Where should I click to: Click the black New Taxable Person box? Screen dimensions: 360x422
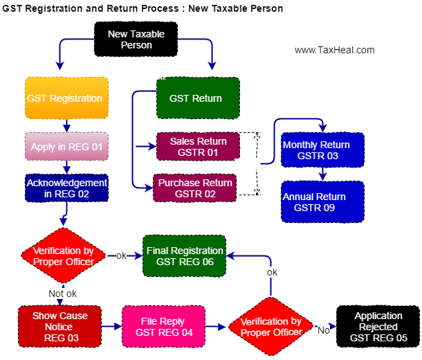click(136, 39)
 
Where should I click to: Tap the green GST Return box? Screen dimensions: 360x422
click(198, 98)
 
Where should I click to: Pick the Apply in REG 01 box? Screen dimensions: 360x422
click(67, 147)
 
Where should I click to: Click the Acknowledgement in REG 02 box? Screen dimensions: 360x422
click(67, 188)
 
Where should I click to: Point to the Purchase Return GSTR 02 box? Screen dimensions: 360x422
click(196, 188)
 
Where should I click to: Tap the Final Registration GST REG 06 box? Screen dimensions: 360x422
click(185, 256)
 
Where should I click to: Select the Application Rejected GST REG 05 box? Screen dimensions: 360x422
click(378, 327)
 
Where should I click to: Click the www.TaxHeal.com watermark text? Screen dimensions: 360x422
click(334, 50)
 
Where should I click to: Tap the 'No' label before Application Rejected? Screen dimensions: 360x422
click(322, 330)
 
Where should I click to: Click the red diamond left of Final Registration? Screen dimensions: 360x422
click(64, 256)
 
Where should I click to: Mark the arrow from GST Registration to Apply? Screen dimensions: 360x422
click(67, 126)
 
